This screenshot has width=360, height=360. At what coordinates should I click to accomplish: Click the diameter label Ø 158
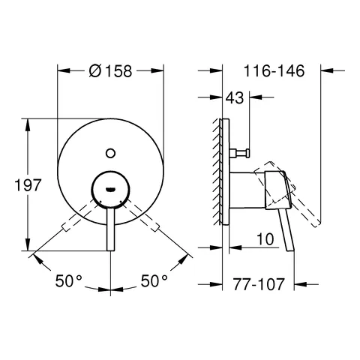(111, 72)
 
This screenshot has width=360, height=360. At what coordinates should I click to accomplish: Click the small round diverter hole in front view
(111, 153)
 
